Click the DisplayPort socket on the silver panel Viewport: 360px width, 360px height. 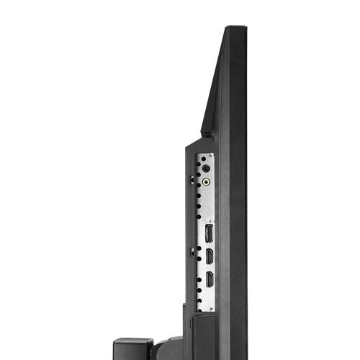(209, 233)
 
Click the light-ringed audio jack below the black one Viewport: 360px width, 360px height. (207, 181)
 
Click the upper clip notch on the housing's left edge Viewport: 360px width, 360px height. (192, 173)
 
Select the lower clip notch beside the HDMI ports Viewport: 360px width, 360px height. (192, 251)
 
